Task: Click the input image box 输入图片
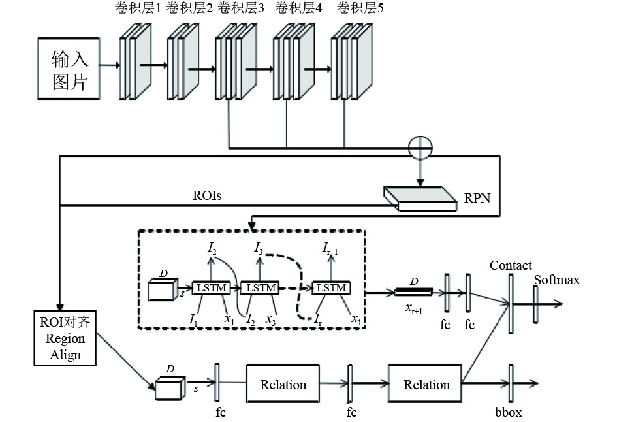tap(69, 66)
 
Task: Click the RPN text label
tap(473, 196)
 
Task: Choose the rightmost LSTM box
tap(331, 287)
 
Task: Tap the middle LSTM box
tap(260, 287)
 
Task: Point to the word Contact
tap(510, 265)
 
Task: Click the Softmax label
tap(556, 280)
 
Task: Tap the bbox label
tap(509, 412)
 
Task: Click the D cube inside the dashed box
tap(161, 289)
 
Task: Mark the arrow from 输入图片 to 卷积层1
tap(108, 65)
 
